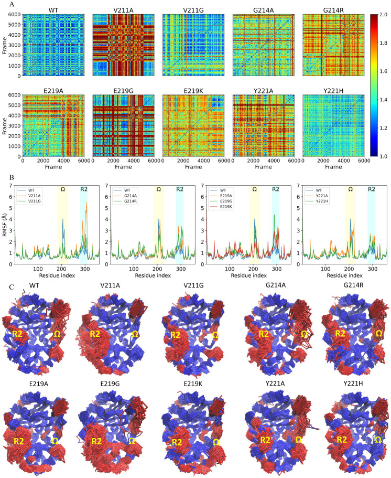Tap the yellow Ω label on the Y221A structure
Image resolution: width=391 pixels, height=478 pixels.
point(298,439)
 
